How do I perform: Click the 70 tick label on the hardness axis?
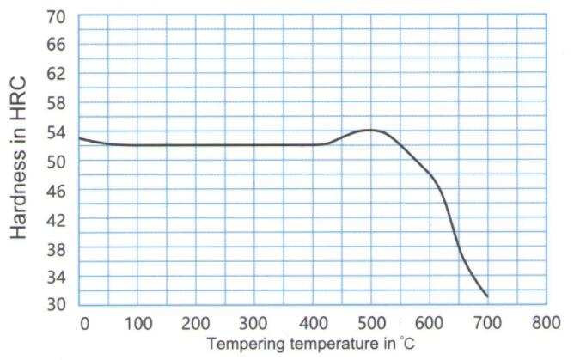coord(56,16)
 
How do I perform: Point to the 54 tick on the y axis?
coord(56,131)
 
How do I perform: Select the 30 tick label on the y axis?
coord(56,305)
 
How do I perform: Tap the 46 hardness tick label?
coord(56,190)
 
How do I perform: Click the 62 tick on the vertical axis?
coord(56,74)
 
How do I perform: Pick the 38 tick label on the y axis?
coord(56,247)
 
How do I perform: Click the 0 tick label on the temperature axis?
coord(84,323)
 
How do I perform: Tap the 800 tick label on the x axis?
coord(545,323)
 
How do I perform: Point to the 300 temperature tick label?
coord(254,323)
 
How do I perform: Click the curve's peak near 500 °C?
coord(370,130)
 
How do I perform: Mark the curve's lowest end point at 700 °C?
coord(487,296)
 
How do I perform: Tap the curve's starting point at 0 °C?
coord(79,137)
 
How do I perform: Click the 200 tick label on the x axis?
coord(196,323)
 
